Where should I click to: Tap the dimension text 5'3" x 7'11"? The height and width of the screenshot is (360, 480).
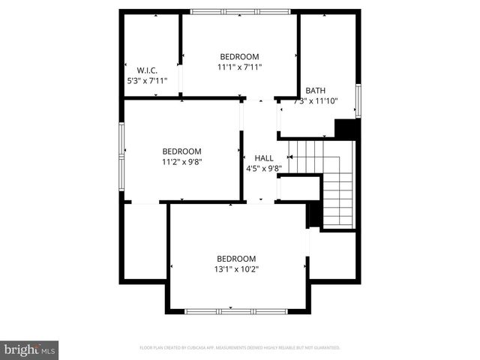(x=146, y=79)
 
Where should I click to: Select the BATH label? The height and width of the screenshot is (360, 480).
(x=315, y=91)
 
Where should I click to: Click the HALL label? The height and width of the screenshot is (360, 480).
(x=264, y=158)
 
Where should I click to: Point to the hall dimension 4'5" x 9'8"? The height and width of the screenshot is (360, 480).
(x=264, y=168)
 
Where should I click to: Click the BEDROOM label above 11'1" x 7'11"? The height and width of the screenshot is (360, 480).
(x=239, y=57)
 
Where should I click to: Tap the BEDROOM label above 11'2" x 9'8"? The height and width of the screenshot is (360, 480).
(x=181, y=151)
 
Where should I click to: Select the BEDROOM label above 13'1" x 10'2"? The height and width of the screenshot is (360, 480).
(x=236, y=258)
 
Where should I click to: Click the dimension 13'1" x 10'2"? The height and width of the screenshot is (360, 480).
(x=237, y=268)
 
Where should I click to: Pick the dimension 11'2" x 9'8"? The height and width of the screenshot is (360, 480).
(x=182, y=160)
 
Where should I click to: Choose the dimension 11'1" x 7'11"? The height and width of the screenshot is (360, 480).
(x=239, y=67)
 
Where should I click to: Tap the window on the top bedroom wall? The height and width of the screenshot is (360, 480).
(x=239, y=12)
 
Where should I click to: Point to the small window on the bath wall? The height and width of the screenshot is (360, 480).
(x=358, y=100)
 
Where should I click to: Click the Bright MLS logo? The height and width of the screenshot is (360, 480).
(x=30, y=349)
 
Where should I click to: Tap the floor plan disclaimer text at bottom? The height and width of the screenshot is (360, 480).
(x=239, y=348)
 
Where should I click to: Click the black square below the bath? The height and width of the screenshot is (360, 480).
(x=345, y=129)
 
